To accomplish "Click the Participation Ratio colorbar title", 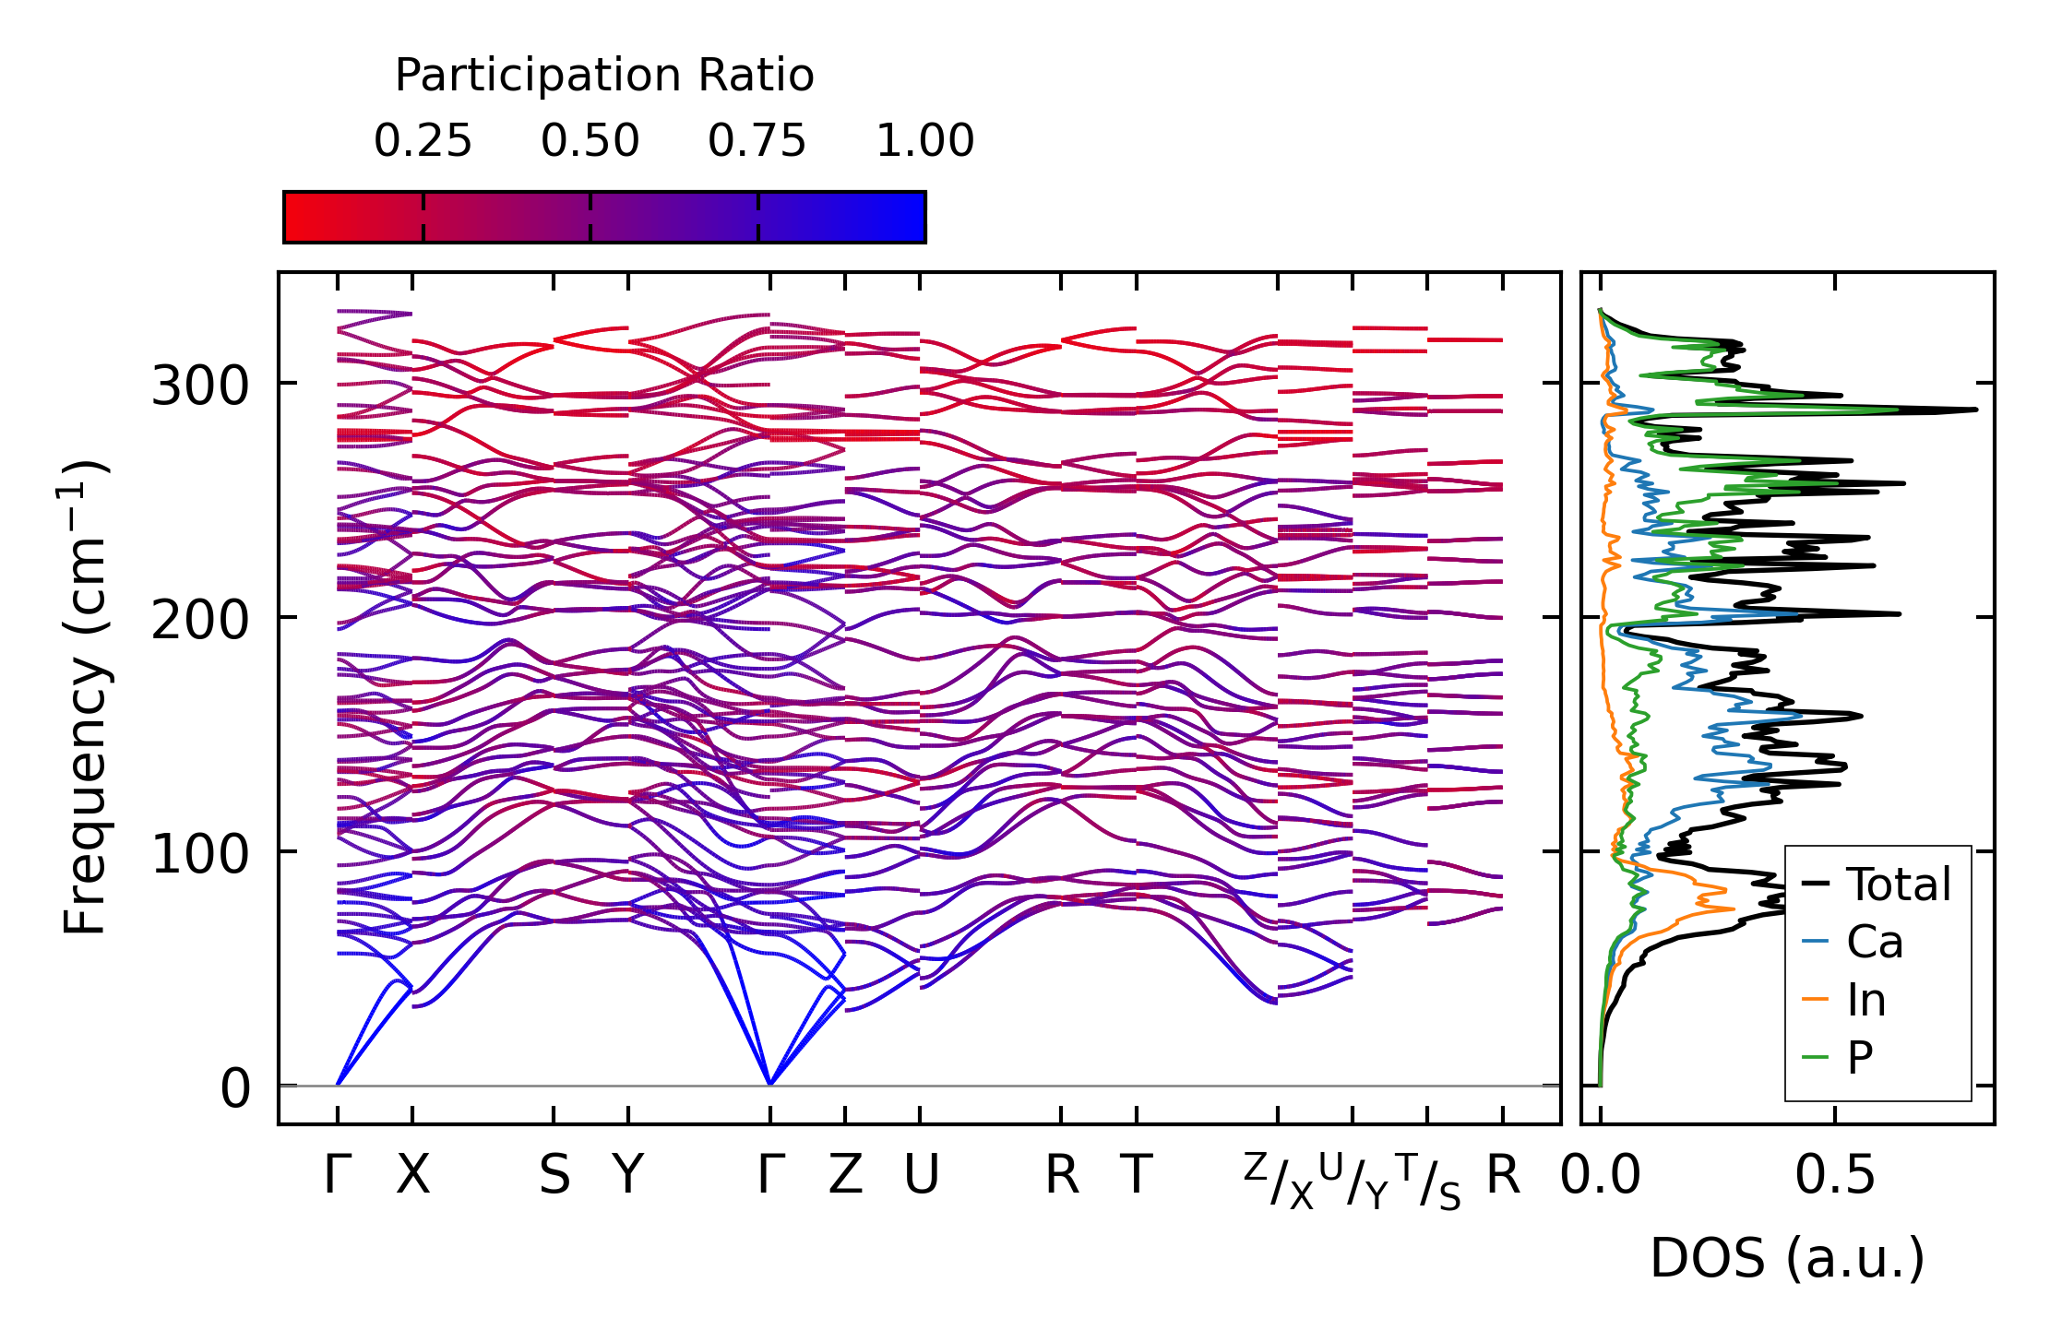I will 604,75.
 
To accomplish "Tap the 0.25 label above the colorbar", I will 423,141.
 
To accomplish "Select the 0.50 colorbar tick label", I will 590,141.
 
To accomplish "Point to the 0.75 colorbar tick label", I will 757,141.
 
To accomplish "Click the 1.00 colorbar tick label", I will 924,141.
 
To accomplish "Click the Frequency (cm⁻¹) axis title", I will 85,697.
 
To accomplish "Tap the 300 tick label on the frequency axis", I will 200,386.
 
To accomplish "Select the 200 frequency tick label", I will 200,620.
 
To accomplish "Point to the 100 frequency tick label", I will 200,854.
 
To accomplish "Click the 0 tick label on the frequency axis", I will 235,1088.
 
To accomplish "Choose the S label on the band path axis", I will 554,1175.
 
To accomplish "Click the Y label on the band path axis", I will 628,1175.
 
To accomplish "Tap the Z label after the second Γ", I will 845,1175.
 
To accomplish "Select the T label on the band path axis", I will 1137,1175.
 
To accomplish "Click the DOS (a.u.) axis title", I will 1787,1258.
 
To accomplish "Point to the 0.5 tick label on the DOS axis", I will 1834,1175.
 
